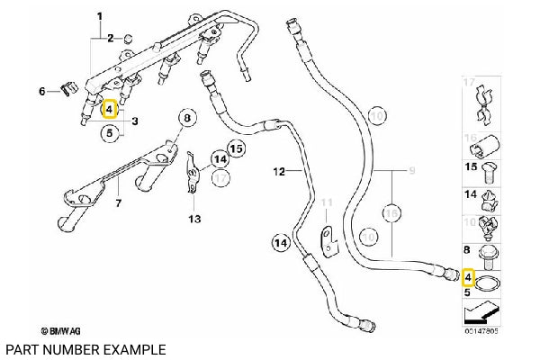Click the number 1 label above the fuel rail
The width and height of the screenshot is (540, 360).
click(x=99, y=16)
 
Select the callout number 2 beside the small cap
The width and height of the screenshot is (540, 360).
click(x=110, y=38)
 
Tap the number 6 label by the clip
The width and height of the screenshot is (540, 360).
click(x=41, y=91)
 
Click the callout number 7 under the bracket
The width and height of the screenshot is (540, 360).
click(x=119, y=204)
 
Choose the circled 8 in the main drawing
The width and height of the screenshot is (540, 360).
click(x=187, y=118)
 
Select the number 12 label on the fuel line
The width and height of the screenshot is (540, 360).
click(x=278, y=171)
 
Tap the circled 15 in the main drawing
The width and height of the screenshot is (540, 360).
click(x=236, y=148)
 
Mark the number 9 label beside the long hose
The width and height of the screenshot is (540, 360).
click(x=413, y=171)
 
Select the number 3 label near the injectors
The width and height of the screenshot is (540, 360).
click(x=134, y=121)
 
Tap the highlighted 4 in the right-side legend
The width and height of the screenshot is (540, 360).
click(x=467, y=275)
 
